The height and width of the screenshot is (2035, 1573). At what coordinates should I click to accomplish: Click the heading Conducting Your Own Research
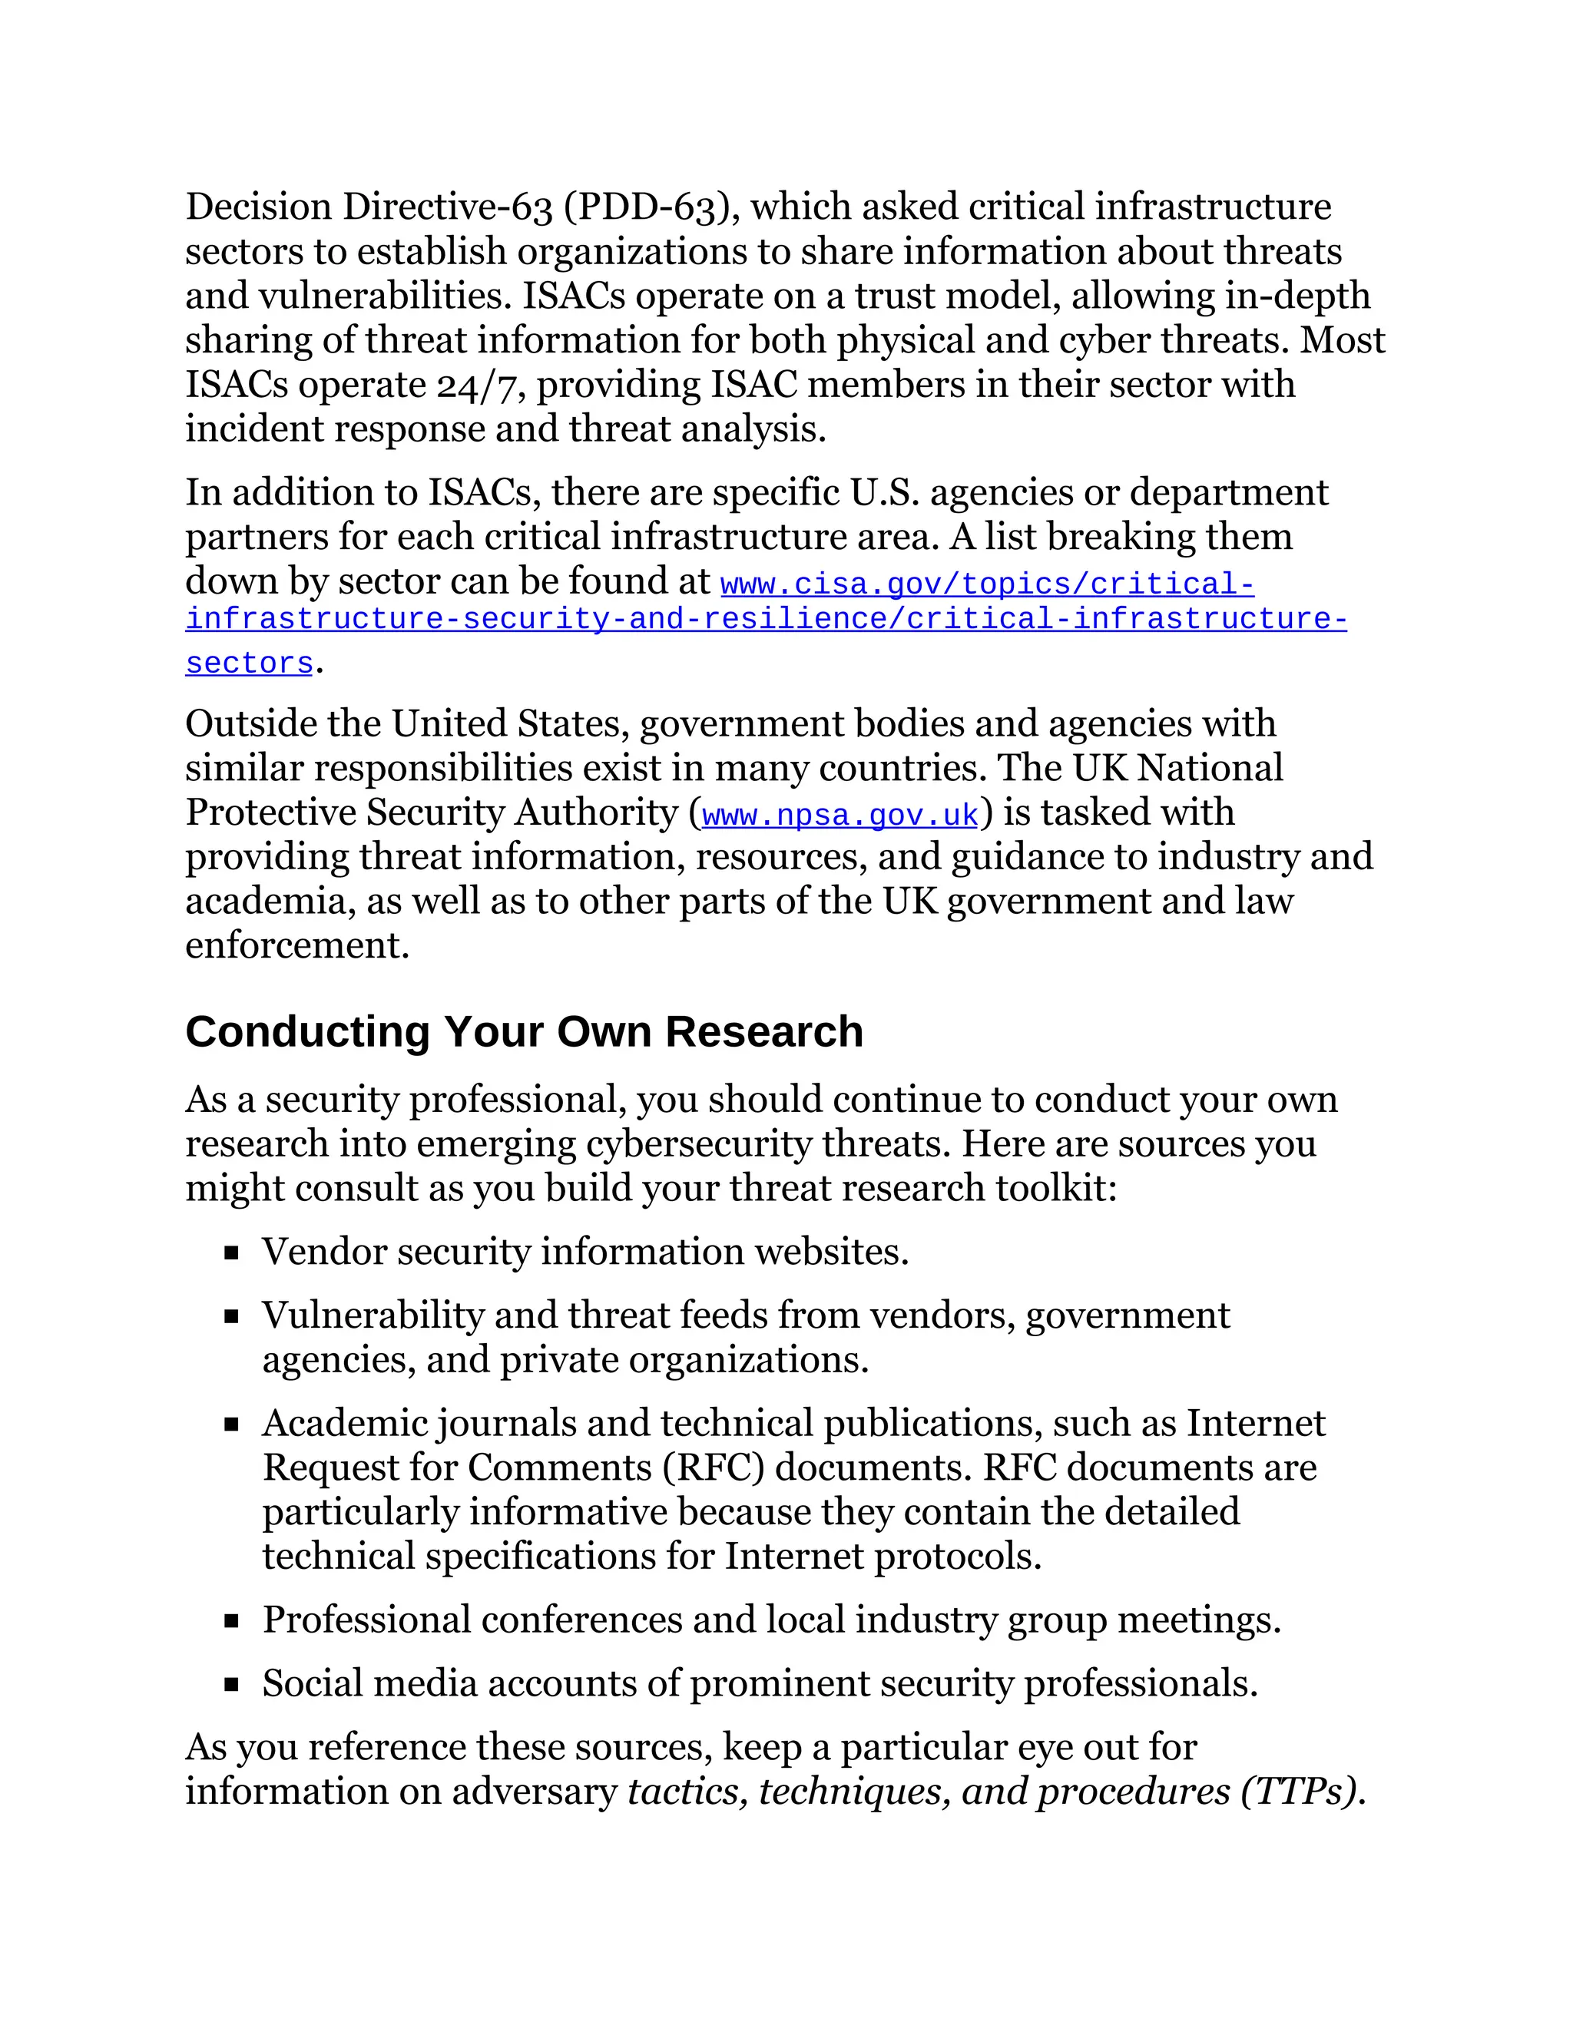click(524, 1032)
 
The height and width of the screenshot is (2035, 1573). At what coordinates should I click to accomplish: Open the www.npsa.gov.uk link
click(839, 816)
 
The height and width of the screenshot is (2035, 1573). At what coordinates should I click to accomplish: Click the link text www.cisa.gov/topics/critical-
click(987, 584)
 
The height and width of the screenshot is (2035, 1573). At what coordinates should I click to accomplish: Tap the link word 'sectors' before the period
click(249, 663)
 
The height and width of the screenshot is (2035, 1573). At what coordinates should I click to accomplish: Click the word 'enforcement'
click(296, 946)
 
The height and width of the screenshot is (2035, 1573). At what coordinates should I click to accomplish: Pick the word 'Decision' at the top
click(258, 207)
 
